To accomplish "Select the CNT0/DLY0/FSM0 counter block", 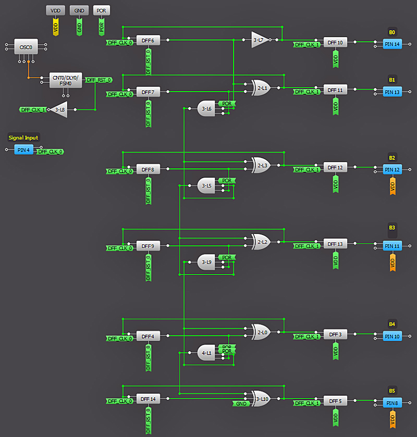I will click(66, 80).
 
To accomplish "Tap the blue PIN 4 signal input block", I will click(23, 150).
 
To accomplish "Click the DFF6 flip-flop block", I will click(148, 40).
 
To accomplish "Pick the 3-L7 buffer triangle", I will click(259, 40).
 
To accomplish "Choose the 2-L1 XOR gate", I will click(261, 88).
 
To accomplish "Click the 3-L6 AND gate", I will click(207, 109).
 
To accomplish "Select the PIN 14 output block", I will click(392, 44).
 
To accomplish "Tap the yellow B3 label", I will click(392, 228).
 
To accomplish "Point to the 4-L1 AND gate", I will click(207, 353).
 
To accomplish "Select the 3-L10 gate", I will click(261, 399).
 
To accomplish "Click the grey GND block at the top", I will click(79, 10).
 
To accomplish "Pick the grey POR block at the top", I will click(102, 10).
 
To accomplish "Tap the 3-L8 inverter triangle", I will click(60, 109).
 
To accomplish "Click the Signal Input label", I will click(23, 138).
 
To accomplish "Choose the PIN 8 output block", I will click(392, 403).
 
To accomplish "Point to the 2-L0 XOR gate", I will click(261, 331).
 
